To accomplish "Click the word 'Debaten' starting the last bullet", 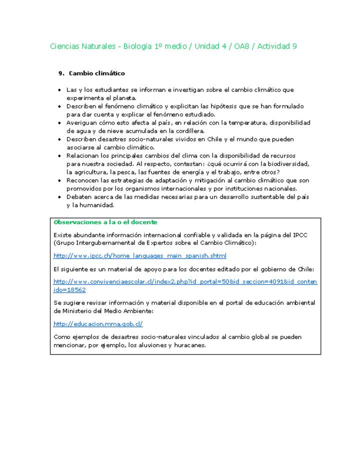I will pyautogui.click(x=77, y=197).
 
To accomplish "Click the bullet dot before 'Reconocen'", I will pyautogui.click(x=60, y=180).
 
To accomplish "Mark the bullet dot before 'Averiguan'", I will pyautogui.click(x=60, y=123).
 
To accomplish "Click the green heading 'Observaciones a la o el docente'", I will pyautogui.click(x=105, y=222).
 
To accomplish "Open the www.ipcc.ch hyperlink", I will pyautogui.click(x=139, y=256).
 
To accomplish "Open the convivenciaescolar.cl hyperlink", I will pyautogui.click(x=185, y=281).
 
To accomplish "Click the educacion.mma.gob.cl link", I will pyautogui.click(x=98, y=324).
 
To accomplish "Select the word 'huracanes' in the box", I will pyautogui.click(x=189, y=345).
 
